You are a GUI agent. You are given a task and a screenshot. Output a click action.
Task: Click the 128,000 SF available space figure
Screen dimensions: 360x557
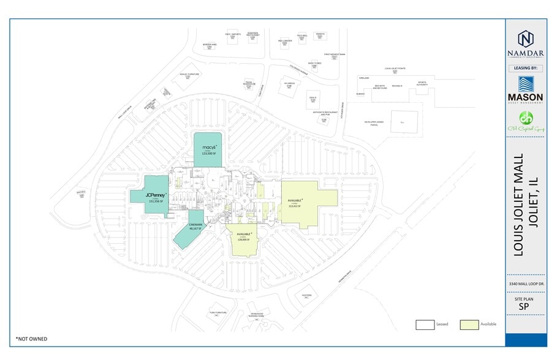(244, 239)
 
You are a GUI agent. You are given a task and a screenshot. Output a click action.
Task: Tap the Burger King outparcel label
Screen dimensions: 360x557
(210, 45)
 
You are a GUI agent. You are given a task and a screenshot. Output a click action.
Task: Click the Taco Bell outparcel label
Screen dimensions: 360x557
(302, 35)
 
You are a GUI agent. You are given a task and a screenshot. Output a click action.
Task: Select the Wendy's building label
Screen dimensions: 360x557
(320, 34)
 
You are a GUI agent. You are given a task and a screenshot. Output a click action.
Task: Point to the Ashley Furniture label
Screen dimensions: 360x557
(189, 74)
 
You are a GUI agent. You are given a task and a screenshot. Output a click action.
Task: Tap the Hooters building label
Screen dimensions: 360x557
(307, 295)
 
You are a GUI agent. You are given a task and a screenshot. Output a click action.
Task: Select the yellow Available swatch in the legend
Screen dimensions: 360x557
(469, 324)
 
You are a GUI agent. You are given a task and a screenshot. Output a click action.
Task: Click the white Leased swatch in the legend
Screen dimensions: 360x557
(425, 324)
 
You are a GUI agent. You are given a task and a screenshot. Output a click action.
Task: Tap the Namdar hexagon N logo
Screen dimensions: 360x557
(525, 38)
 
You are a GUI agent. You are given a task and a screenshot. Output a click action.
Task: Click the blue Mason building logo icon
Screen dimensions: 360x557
(525, 84)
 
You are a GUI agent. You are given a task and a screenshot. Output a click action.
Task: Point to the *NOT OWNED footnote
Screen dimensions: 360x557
(31, 339)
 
